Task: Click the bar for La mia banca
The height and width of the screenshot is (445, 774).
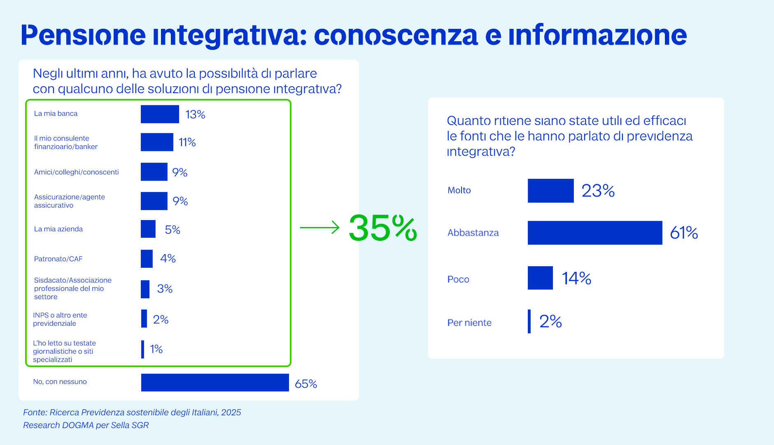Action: coord(160,114)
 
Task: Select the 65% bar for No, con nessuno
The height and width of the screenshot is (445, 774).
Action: coord(215,382)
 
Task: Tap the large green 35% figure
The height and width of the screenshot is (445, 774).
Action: coord(382,228)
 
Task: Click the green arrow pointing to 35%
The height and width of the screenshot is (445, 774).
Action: coord(319,227)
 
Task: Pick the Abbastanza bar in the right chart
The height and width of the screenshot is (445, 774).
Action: coord(594,233)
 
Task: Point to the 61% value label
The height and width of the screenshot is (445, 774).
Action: coord(684,233)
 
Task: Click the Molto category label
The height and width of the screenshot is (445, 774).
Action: coord(459,190)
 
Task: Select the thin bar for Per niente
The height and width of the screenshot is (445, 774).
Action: coord(529,321)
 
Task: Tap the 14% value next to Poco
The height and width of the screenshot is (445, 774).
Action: coord(576,279)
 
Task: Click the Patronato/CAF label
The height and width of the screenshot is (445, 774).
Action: coord(58,259)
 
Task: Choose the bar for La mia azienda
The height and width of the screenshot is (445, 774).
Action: coord(148,229)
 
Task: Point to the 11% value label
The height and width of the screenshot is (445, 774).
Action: coord(187,143)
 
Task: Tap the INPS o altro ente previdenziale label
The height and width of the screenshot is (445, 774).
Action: coord(60,319)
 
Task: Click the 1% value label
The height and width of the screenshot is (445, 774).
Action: coord(156,349)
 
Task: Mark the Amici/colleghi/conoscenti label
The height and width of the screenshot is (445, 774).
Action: coord(76,172)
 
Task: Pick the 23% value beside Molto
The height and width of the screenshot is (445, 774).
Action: coord(598,191)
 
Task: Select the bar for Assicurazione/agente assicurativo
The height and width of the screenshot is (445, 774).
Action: coord(154,201)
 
